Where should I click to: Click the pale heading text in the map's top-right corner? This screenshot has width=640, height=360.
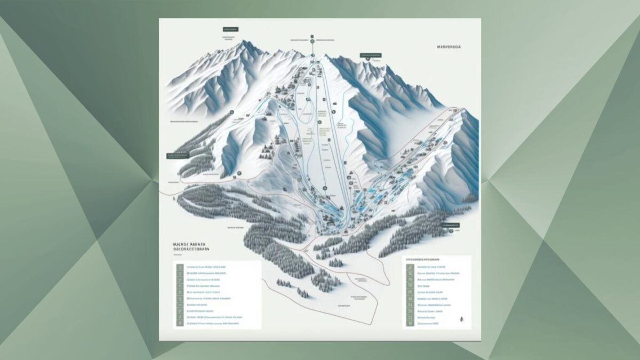point(449,47)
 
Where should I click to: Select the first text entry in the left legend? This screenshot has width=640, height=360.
point(205,267)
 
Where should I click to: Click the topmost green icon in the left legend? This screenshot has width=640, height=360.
point(180,267)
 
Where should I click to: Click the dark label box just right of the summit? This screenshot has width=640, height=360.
point(371,54)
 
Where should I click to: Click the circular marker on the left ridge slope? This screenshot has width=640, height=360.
point(231,113)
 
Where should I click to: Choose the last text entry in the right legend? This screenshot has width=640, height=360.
point(428,323)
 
